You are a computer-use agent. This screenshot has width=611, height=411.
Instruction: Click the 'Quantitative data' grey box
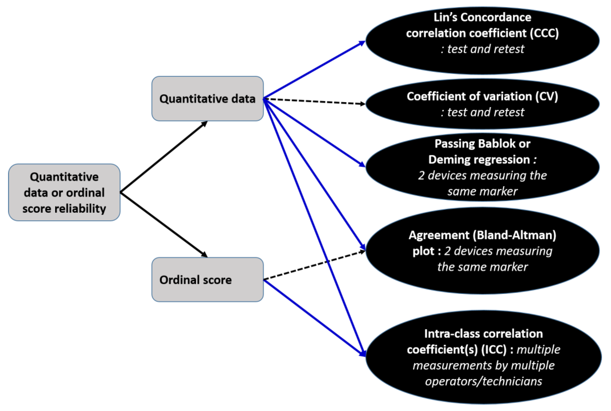click(x=207, y=99)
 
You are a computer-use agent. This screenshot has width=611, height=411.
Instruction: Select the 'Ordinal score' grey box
click(x=207, y=279)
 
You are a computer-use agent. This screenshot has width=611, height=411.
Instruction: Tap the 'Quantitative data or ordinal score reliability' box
click(x=64, y=192)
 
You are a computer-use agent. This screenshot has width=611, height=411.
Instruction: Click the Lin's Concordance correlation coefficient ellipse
click(x=482, y=41)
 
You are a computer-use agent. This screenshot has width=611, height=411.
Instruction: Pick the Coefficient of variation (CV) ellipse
click(x=482, y=104)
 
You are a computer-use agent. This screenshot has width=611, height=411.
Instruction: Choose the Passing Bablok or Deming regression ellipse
click(x=482, y=167)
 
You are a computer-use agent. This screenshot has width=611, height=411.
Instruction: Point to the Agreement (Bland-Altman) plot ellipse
click(x=482, y=251)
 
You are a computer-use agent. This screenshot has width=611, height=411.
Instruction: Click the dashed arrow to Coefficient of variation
click(x=315, y=101)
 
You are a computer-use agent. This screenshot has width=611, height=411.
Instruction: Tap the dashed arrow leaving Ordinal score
click(x=315, y=265)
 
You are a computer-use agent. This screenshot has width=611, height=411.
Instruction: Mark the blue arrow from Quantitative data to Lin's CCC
click(x=315, y=70)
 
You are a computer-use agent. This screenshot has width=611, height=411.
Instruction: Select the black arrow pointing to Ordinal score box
click(x=164, y=225)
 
